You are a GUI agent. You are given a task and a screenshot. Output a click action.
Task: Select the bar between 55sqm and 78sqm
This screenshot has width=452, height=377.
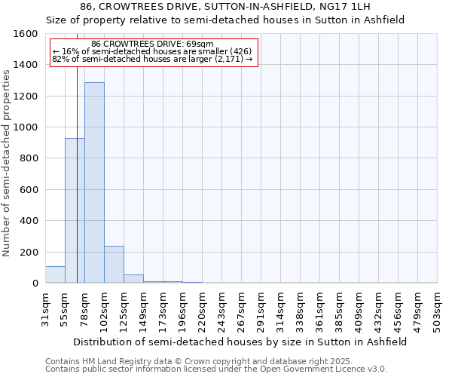[x=75, y=210]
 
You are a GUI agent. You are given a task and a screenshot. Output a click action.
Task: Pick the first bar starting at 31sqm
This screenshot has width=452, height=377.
[x=55, y=274]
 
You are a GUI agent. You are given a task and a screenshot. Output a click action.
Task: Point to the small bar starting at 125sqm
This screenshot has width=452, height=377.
[x=133, y=278]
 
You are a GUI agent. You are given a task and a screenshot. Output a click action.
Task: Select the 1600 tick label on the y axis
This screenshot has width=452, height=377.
[x=26, y=34]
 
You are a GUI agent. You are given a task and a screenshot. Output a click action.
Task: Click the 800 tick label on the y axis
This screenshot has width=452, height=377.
[x=29, y=158]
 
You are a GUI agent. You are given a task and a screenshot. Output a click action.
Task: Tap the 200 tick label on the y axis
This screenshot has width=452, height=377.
[x=29, y=252]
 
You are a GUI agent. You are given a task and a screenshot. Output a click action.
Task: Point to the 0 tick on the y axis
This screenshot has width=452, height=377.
[x=35, y=284]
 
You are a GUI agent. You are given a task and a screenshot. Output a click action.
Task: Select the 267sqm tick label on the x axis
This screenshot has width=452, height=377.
[x=241, y=308]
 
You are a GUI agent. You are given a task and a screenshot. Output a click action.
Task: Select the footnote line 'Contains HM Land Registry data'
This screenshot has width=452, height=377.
[x=215, y=361]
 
